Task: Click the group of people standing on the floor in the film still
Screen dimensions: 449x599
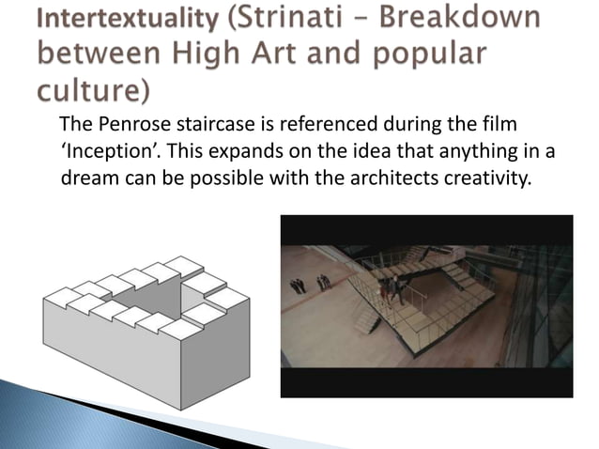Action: click(309, 281)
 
